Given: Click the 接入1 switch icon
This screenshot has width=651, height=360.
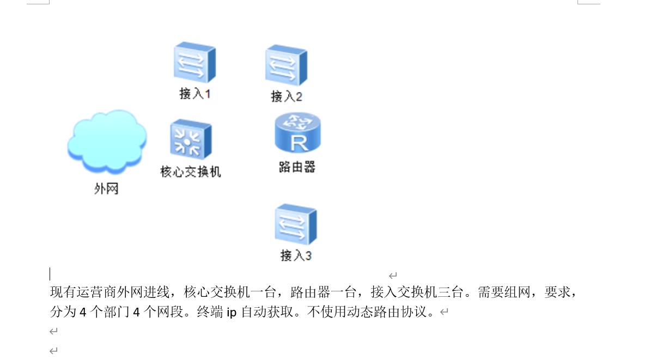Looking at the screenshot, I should click(194, 62).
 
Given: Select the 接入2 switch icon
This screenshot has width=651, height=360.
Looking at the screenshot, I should click(286, 65).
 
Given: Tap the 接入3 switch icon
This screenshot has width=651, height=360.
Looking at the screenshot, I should click(295, 225).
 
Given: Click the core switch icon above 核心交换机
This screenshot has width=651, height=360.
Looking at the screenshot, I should click(190, 140).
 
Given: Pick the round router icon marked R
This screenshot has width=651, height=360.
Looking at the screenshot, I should click(297, 133).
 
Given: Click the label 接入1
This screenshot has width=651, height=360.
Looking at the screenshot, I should click(195, 94).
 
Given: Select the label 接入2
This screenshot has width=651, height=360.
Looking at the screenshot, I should click(287, 96).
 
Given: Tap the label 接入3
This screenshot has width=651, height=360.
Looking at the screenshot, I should click(296, 255).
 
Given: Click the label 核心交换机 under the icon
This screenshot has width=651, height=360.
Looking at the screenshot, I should click(191, 172).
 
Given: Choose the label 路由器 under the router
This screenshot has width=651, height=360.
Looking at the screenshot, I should click(297, 167).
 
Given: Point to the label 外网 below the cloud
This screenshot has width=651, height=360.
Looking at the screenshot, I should click(106, 189).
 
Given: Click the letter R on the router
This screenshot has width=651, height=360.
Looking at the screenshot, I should click(299, 143).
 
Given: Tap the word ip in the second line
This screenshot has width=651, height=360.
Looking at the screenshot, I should click(232, 313).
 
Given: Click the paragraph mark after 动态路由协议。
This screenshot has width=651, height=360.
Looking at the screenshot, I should click(444, 313).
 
